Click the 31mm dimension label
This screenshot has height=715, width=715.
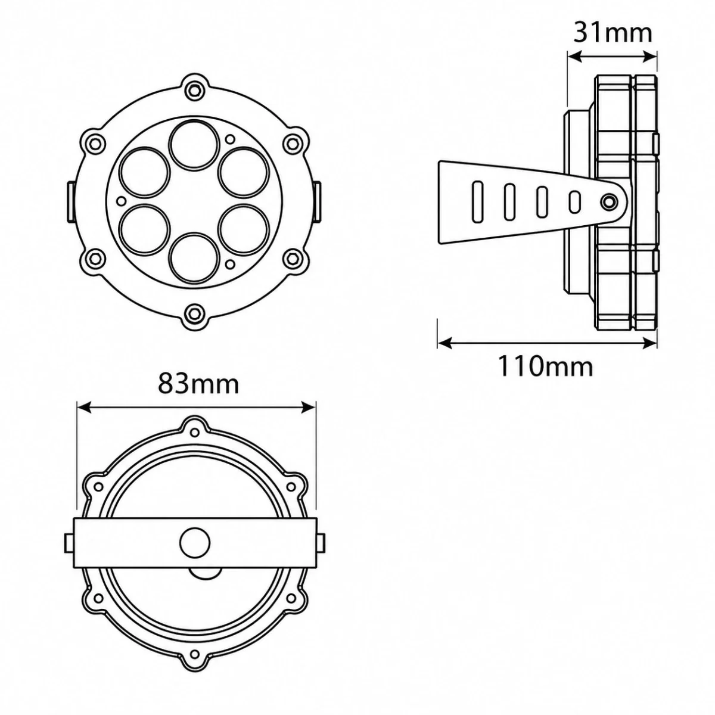coord(613,33)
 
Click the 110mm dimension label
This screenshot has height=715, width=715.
coord(545,366)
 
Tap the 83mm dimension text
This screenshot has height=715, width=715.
coord(198,384)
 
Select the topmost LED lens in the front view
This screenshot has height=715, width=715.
coord(194,144)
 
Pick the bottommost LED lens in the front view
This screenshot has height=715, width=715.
coord(194,257)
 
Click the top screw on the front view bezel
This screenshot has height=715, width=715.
coord(194,88)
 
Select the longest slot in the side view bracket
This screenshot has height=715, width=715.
coord(478,202)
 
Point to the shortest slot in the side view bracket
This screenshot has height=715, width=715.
coord(574,202)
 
